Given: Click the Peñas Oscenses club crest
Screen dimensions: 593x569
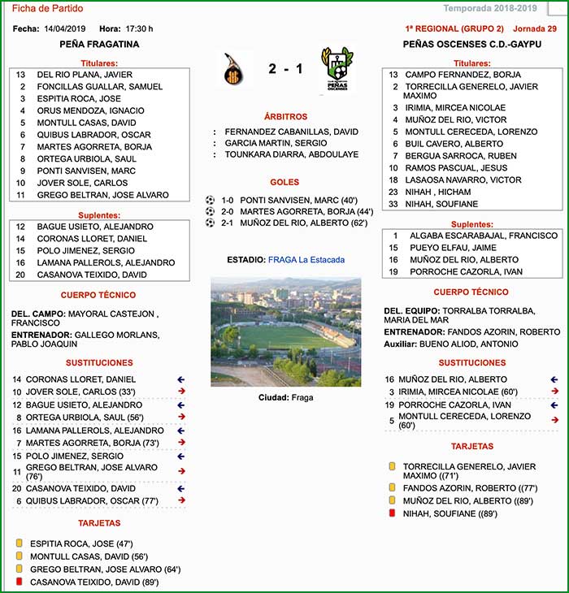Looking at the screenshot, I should [336, 70].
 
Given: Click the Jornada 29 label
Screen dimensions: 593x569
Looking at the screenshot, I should [535, 28].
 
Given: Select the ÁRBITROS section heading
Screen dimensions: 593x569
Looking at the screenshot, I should [285, 117].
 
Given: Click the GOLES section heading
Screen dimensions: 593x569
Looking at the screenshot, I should [284, 183].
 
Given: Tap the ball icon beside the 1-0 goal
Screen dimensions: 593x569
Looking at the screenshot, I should [211, 199].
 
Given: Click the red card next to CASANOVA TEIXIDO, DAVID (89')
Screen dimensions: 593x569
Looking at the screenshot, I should [19, 582].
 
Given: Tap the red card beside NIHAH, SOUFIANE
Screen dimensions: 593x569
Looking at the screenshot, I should [392, 514].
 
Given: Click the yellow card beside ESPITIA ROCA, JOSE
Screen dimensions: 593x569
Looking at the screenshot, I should [19, 543].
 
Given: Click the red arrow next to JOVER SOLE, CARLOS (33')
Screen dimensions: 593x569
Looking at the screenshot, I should [181, 392].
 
